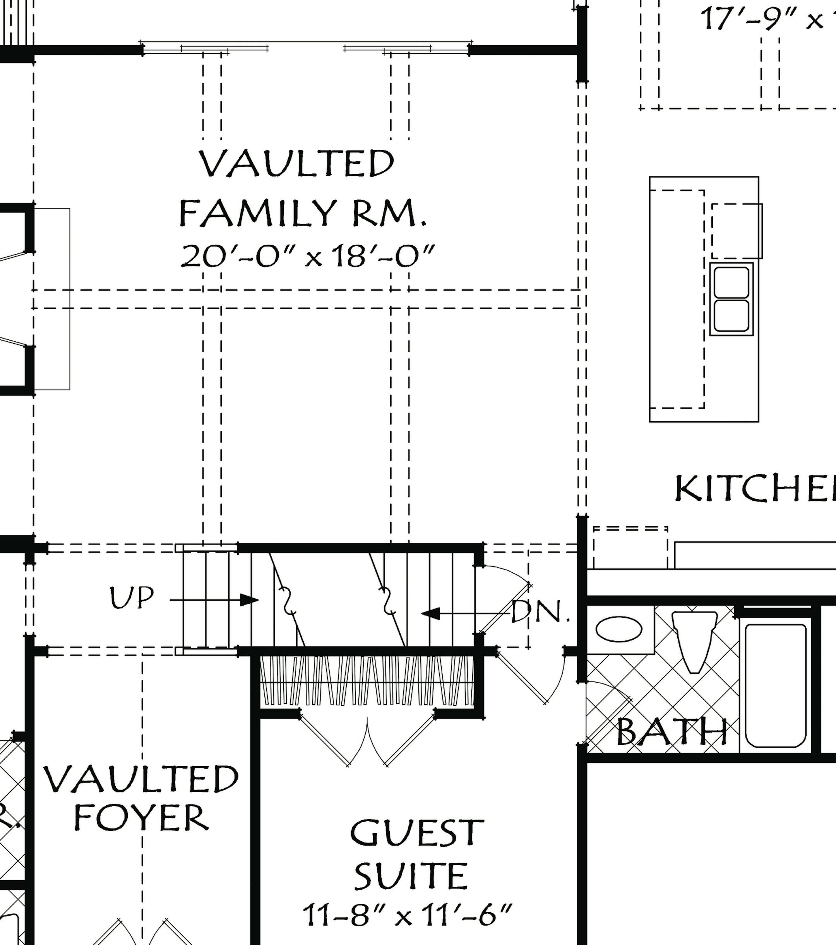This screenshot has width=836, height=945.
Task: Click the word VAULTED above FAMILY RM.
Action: (x=296, y=163)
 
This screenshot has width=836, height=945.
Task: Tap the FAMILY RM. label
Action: (x=302, y=213)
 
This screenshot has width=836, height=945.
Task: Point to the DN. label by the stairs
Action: (x=539, y=612)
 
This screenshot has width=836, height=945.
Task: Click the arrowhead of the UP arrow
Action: (x=250, y=600)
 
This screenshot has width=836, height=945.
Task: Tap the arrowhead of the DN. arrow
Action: (x=430, y=614)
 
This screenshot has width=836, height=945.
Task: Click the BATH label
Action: (x=672, y=732)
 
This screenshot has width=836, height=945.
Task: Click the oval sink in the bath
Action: (x=618, y=629)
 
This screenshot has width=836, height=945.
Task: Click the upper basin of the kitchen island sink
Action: (x=731, y=282)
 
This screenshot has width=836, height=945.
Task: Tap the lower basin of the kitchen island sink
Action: (x=731, y=316)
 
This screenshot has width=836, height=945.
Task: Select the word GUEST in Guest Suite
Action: (x=416, y=833)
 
